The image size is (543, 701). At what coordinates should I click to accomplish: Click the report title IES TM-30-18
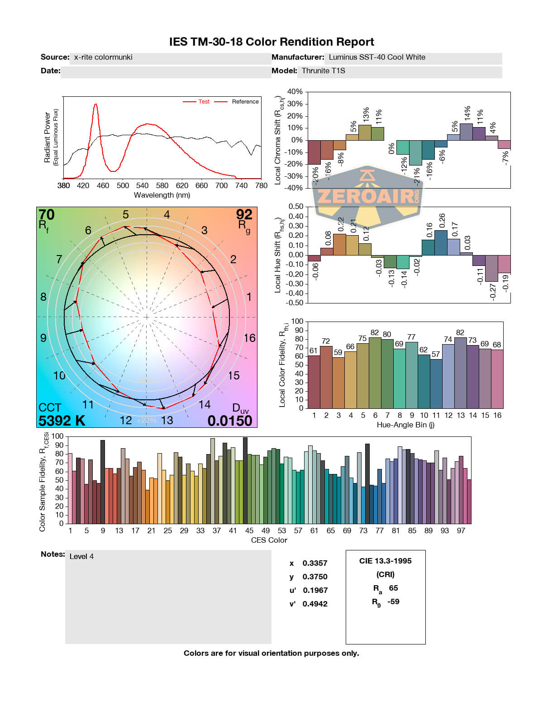pyautogui.click(x=271, y=42)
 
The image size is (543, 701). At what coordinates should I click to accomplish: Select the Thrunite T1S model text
pyautogui.click(x=323, y=71)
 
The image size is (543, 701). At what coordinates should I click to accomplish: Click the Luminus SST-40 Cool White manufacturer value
pyautogui.click(x=376, y=57)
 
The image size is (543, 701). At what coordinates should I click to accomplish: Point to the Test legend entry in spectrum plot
pyautogui.click(x=204, y=102)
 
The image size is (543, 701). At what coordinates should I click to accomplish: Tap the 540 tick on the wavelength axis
pyautogui.click(x=143, y=185)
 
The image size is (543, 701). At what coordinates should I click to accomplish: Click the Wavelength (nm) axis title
pyautogui.click(x=162, y=195)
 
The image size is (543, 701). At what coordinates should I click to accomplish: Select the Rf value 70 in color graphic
pyautogui.click(x=47, y=214)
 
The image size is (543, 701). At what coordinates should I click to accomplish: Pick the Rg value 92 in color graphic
pyautogui.click(x=244, y=214)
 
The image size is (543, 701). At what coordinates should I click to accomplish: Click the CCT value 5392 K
pyautogui.click(x=62, y=421)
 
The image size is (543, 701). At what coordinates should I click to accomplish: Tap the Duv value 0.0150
pyautogui.click(x=230, y=421)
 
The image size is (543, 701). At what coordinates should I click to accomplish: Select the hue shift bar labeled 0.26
pyautogui.click(x=441, y=242)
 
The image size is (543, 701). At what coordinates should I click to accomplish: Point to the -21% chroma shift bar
pyautogui.click(x=415, y=153)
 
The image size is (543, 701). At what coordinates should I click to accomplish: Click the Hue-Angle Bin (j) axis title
pyautogui.click(x=405, y=425)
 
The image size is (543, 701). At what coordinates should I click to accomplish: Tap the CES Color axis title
pyautogui.click(x=269, y=540)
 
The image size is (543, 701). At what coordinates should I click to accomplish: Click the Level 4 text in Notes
pyautogui.click(x=81, y=557)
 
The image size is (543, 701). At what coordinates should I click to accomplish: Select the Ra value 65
pyautogui.click(x=393, y=588)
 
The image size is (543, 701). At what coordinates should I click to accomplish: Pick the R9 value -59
pyautogui.click(x=393, y=602)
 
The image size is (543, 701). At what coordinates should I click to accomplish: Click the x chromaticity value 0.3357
pyautogui.click(x=314, y=564)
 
